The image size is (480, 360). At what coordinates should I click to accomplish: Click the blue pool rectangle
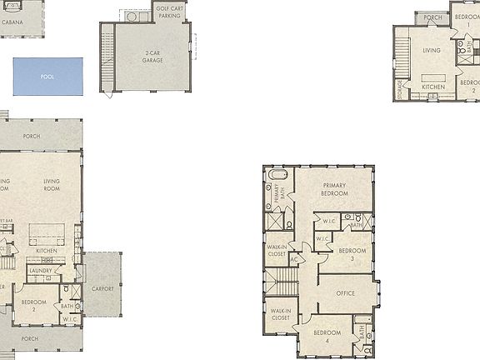[47, 76]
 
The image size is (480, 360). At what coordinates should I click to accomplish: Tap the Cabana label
[12, 22]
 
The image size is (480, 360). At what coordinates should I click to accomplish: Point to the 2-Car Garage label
[152, 57]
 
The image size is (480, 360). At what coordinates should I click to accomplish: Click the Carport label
[104, 288]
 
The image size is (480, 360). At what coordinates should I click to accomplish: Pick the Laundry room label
[40, 271]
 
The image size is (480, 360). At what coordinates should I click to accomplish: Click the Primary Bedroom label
[334, 190]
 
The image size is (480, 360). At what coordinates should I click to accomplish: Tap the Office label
[345, 293]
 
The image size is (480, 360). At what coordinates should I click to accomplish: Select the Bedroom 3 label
[352, 254]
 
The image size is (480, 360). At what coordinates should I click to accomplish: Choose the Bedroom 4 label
[327, 336]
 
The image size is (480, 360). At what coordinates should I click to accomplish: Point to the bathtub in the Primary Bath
[278, 177]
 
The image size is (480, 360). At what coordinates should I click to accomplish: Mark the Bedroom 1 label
[467, 21]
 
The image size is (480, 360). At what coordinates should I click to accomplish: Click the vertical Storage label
[401, 89]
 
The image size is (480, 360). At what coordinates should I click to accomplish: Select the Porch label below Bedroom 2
[30, 338]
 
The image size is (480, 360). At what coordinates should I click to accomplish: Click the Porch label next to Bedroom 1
[432, 17]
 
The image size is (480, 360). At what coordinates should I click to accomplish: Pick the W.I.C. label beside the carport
[71, 317]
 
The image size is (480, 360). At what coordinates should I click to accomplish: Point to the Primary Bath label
[277, 197]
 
